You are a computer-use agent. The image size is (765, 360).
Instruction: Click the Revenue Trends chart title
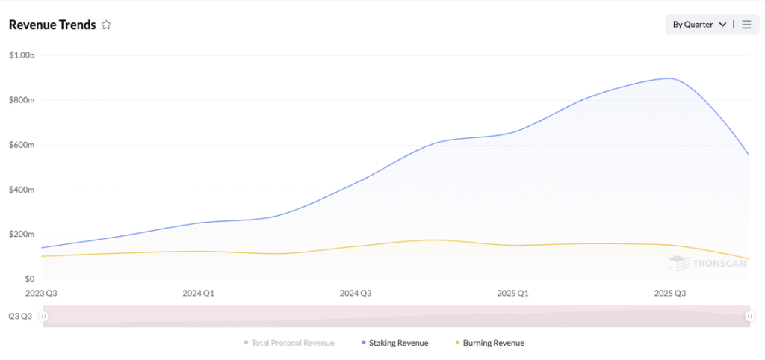52,25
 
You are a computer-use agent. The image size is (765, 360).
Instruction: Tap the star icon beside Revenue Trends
106,25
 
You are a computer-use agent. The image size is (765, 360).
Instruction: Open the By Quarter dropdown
699,25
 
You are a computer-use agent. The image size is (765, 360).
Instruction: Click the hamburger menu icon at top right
746,25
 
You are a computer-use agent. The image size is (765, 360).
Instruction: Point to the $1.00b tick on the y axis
22,55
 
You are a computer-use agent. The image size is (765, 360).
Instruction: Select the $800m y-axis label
22,100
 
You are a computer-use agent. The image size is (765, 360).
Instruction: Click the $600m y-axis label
22,145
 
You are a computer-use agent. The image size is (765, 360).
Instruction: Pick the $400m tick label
22,190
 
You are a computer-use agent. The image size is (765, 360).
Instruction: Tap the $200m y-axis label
22,235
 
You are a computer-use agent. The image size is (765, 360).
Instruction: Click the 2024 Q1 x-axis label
198,294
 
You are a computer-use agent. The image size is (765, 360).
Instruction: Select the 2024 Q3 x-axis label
356,294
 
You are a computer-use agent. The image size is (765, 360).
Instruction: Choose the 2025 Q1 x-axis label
512,294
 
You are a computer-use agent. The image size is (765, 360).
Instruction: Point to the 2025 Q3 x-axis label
669,294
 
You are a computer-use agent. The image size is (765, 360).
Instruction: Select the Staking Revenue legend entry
398,343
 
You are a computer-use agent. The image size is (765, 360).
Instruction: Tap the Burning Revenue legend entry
493,343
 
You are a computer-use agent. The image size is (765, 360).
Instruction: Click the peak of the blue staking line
669,78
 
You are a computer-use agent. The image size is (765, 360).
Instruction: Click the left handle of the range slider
43,317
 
